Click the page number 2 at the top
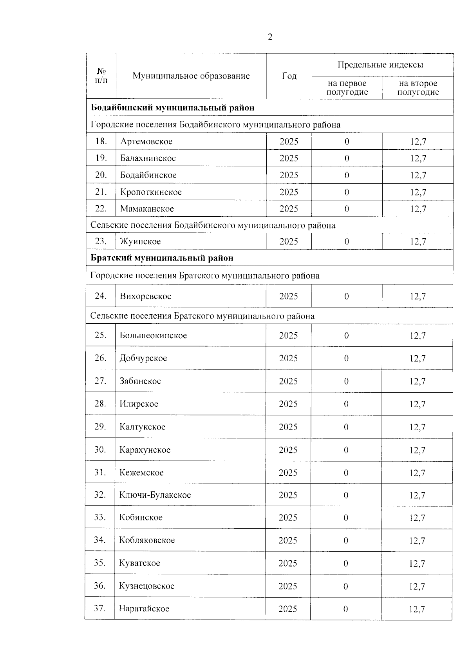pos(270,37)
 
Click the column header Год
pos(289,76)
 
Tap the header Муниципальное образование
pos(191,76)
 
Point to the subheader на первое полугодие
pos(347,88)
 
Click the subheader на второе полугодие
pos(418,88)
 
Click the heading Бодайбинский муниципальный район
pos(173,108)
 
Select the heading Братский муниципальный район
pos(162,258)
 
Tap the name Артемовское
pos(146,141)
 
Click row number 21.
pos(101,192)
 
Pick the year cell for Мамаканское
pos(289,209)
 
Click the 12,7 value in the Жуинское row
pos(418,242)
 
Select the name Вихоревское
pos(145,296)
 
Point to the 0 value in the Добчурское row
pos(346,358)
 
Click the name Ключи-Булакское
pos(155,495)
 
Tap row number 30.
pos(100,449)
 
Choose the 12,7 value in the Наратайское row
pos(417,609)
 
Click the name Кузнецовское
pos(147,586)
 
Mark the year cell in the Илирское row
pos(288,404)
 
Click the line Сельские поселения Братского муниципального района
pos(202,316)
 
